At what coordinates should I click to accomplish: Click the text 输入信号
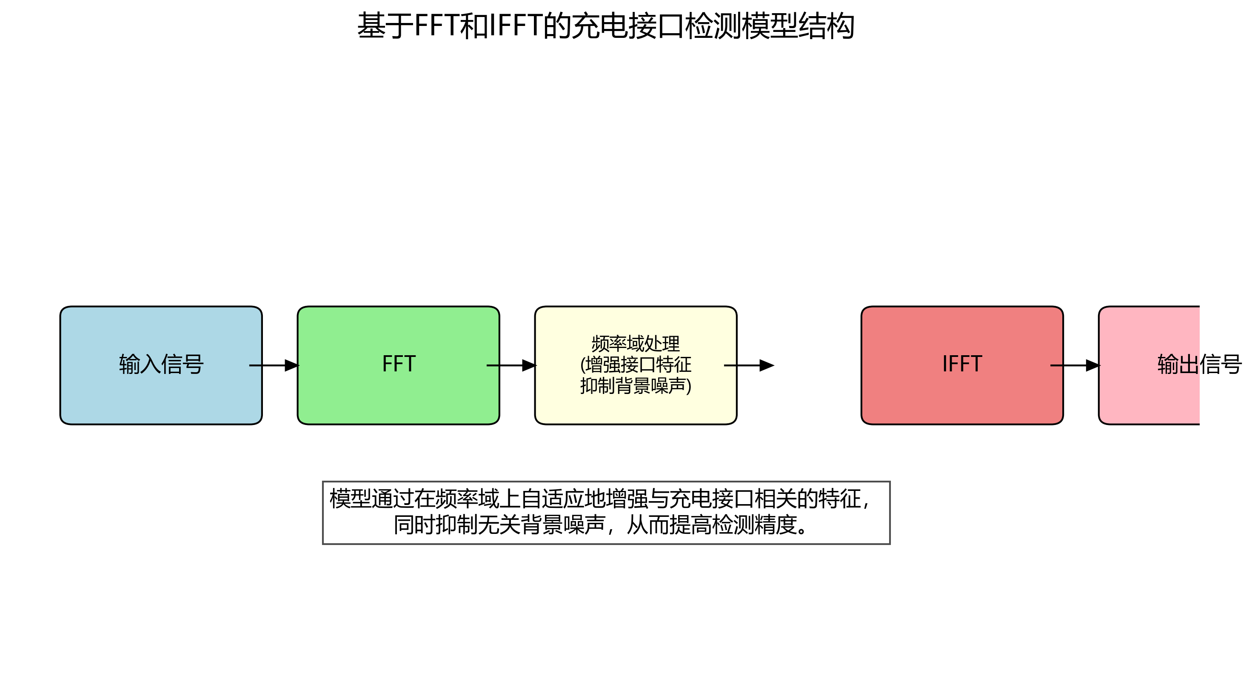[161, 365]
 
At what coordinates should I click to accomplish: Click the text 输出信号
[1199, 365]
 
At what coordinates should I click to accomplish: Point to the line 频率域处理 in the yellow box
[635, 344]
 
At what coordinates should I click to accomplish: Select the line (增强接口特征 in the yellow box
[635, 365]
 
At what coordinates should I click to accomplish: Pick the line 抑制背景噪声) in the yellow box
[635, 386]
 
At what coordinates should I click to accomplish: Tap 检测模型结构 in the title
[770, 26]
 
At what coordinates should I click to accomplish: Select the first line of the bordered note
[599, 499]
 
